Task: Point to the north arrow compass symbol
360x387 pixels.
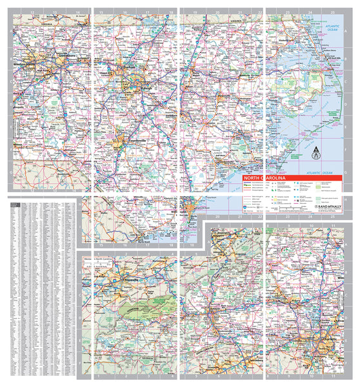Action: pos(315,155)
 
